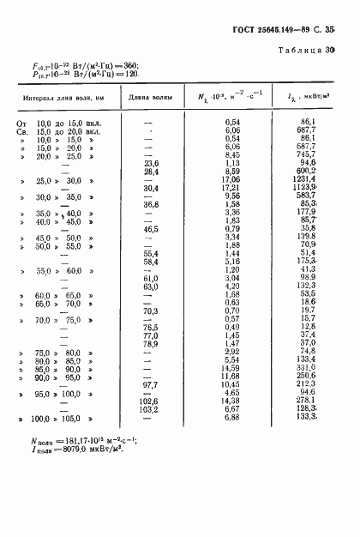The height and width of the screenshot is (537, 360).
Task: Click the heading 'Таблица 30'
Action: coord(306,51)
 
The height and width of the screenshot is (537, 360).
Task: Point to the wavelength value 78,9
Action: coord(151,343)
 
